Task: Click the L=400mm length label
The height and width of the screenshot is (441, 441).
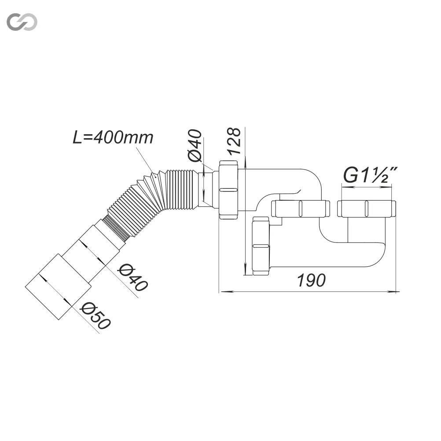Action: pos(113,137)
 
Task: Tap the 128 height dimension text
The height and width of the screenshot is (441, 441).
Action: pos(234,141)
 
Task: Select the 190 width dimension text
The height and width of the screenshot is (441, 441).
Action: pos(311,280)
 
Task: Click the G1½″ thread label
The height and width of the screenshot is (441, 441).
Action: pos(370,175)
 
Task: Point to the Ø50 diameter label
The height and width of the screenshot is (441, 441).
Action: pos(96,316)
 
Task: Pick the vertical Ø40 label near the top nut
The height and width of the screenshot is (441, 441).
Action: pos(195,146)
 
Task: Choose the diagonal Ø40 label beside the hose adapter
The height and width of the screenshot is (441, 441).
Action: pos(133,277)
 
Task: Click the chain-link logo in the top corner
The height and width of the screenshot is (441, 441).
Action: pos(22,22)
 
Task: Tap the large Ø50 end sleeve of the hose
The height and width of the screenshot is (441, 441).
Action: pos(58,287)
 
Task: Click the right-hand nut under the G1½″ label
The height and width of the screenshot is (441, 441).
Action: pos(367,209)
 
